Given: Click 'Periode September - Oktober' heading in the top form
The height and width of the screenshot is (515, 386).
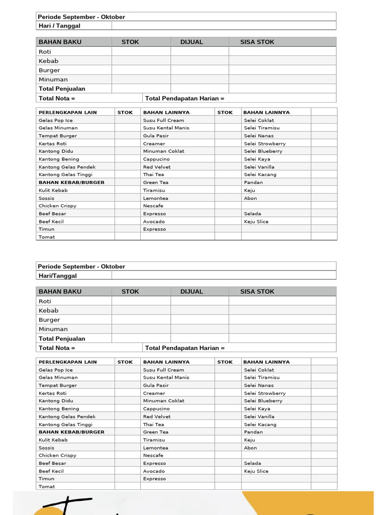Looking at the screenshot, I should point(81,17).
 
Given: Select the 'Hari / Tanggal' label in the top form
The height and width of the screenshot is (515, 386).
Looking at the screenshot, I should point(59,26).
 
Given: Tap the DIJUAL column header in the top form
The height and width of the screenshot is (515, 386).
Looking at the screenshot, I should point(191,42).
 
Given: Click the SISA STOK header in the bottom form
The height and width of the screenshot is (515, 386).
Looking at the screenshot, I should point(257,292).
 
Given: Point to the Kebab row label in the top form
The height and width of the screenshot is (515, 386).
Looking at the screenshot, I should point(49,61).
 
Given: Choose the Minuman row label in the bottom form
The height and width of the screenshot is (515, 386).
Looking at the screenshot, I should point(53,329).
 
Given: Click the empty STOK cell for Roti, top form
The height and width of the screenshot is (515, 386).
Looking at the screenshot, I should point(141,51).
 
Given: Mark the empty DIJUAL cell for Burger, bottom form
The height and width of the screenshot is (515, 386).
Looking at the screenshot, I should point(200,320).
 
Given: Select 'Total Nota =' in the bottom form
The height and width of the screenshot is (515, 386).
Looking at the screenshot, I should point(57,348).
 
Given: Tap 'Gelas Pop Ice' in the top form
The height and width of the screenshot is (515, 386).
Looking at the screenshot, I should point(55,120).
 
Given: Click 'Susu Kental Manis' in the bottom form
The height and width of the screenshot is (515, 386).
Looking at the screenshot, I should point(166,377).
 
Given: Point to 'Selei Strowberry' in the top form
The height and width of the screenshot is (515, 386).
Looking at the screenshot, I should point(264,143).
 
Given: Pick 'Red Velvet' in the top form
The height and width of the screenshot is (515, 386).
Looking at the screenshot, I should point(156,167).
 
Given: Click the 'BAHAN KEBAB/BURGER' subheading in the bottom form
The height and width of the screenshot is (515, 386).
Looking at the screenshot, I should point(71,432).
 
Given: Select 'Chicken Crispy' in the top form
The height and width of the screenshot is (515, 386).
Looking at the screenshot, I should point(57,206).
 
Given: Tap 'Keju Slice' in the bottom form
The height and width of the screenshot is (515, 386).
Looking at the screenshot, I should point(256,471).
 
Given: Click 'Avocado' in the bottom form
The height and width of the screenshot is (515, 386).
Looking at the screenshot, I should point(153,471).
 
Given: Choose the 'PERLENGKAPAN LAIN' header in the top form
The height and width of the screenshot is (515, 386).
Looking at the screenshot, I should point(67,112).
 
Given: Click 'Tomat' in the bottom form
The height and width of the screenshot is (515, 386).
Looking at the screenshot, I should point(47,487).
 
